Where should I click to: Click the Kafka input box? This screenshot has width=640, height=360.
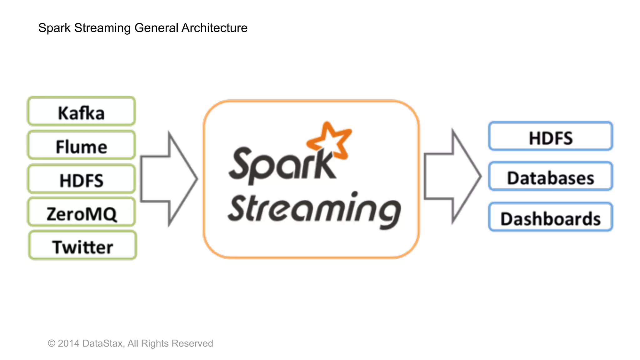pyautogui.click(x=81, y=112)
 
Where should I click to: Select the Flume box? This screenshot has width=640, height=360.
pyautogui.click(x=81, y=146)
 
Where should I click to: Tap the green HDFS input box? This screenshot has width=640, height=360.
pyautogui.click(x=81, y=179)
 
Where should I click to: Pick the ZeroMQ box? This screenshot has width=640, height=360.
pyautogui.click(x=81, y=212)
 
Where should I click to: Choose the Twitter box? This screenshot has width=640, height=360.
pyautogui.click(x=82, y=246)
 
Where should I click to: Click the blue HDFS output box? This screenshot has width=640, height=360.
pyautogui.click(x=550, y=137)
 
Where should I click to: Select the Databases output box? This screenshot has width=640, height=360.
pyautogui.click(x=550, y=177)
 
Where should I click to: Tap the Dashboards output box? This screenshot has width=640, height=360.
pyautogui.click(x=550, y=217)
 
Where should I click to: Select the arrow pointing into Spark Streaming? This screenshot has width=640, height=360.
pyautogui.click(x=169, y=179)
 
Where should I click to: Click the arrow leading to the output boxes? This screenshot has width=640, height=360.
pyautogui.click(x=452, y=176)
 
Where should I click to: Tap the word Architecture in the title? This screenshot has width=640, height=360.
pyautogui.click(x=214, y=28)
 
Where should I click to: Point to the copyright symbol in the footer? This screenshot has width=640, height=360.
pyautogui.click(x=52, y=344)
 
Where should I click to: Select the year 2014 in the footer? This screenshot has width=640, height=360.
pyautogui.click(x=69, y=343)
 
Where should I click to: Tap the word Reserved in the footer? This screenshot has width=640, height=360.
pyautogui.click(x=192, y=343)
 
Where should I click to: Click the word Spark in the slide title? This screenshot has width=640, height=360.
pyautogui.click(x=54, y=28)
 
